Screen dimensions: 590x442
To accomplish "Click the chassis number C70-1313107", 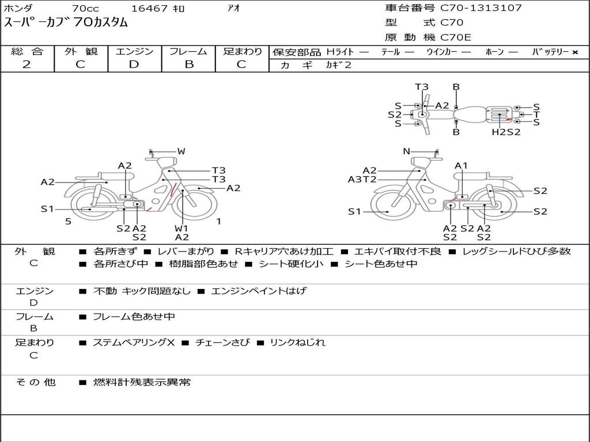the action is [x=481, y=8].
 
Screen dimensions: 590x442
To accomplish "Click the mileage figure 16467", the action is [x=149, y=8].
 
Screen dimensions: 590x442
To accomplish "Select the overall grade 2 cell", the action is [x=27, y=64].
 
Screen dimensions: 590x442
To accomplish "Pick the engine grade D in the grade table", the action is [x=134, y=64].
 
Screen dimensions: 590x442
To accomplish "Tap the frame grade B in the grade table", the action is [x=188, y=64].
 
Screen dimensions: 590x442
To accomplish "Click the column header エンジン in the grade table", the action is [x=134, y=51].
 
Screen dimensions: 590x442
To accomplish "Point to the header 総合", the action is [x=27, y=51].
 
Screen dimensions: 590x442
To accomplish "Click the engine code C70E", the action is [x=456, y=37].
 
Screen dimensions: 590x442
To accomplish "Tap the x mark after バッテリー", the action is [x=574, y=52].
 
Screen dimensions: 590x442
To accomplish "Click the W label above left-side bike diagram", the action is [x=181, y=151].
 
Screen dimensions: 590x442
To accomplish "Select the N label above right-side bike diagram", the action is [x=406, y=151].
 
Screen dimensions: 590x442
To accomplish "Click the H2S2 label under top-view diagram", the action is [x=506, y=132].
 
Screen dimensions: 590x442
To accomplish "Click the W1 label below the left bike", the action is [x=181, y=228].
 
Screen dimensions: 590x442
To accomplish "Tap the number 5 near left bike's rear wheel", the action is [x=68, y=222].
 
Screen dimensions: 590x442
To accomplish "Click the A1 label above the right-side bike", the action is [x=461, y=166].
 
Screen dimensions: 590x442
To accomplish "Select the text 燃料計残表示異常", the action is [x=142, y=382].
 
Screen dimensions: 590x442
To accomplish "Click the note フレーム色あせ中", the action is [x=134, y=317].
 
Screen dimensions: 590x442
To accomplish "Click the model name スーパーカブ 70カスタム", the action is [x=66, y=23].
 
